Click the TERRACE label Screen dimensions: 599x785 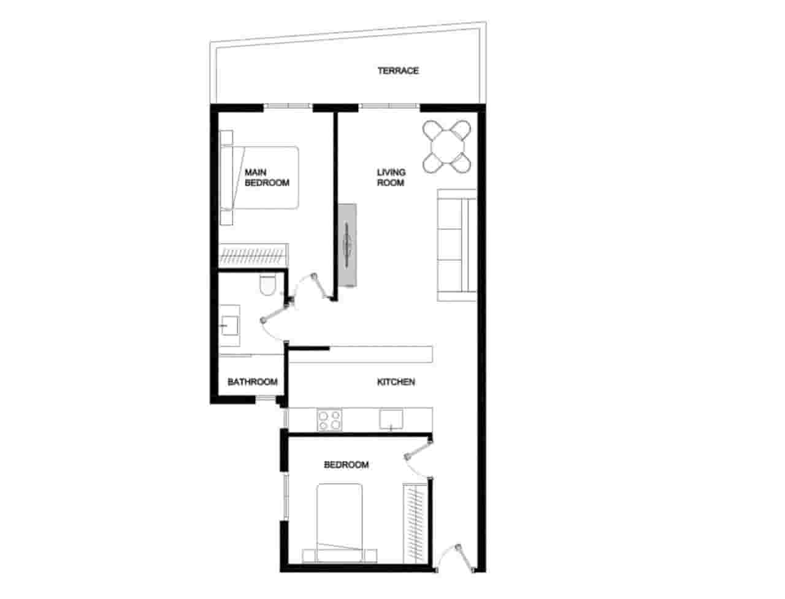398,70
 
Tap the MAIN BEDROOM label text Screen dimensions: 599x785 267,178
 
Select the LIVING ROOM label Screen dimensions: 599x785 391,178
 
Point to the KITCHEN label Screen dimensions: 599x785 396,382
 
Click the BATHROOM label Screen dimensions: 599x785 252,382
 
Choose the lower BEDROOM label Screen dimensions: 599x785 346,465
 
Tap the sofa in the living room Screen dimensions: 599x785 456,245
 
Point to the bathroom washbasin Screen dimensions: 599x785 231,325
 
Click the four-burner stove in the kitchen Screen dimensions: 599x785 329,420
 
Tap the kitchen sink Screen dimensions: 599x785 390,420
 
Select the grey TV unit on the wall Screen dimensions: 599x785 347,244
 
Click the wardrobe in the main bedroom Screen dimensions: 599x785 253,254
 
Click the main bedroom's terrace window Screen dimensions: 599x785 288,107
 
